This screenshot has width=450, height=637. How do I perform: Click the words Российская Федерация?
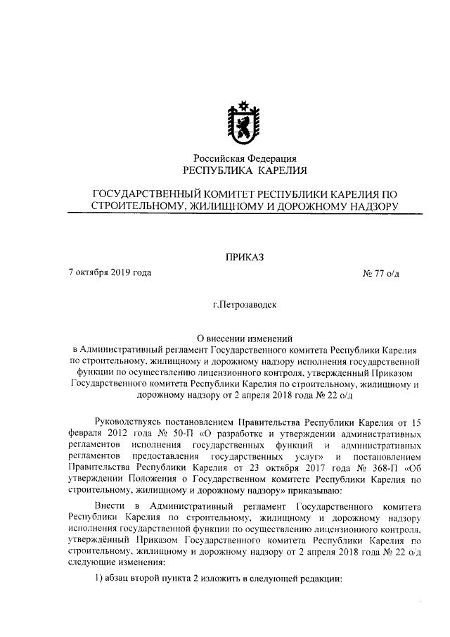245,158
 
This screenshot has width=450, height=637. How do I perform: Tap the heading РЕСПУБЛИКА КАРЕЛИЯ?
245,171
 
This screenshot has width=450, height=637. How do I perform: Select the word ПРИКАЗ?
245,257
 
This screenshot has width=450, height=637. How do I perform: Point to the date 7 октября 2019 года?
110,272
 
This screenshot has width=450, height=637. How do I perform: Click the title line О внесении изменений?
245,338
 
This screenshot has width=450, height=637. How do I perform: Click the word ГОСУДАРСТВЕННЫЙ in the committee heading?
148,194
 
